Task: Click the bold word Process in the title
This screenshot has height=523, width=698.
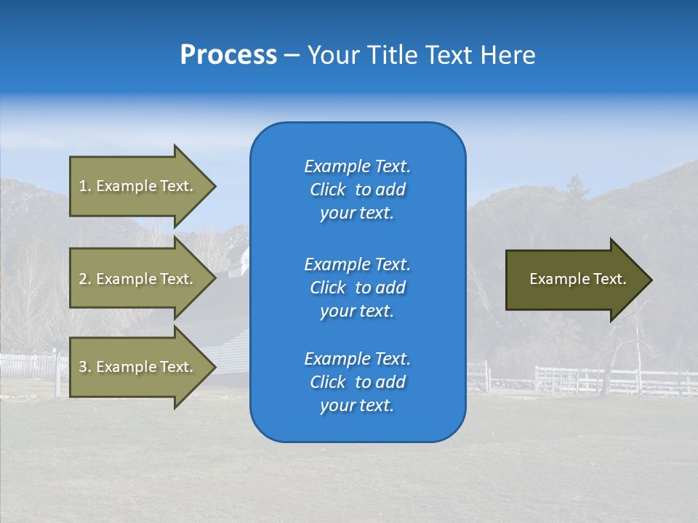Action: [228, 54]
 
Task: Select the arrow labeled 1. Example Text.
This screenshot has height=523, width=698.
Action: [138, 186]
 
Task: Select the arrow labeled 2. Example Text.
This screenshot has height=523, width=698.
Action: [138, 279]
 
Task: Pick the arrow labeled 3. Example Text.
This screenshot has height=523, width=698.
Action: [138, 367]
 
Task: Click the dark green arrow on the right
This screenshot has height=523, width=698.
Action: [574, 279]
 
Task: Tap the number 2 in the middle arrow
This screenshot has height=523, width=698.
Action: [83, 279]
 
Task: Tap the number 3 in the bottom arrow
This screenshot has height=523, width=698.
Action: [83, 367]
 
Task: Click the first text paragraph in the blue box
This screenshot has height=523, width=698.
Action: [357, 190]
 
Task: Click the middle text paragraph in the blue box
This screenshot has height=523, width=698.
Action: [357, 287]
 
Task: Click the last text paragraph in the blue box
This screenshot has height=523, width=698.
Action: [357, 382]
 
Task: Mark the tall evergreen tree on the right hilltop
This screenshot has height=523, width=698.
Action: [577, 187]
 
